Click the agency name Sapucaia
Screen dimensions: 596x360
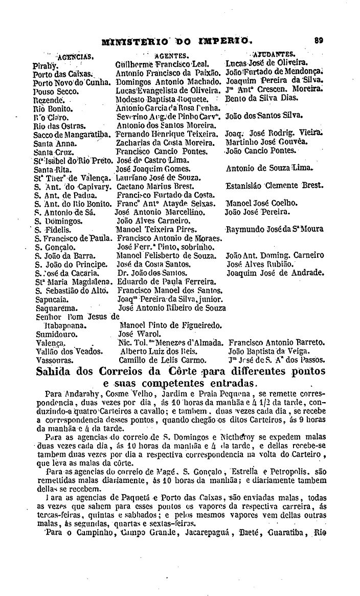tap(49, 299)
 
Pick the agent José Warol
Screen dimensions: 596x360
tap(137, 333)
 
